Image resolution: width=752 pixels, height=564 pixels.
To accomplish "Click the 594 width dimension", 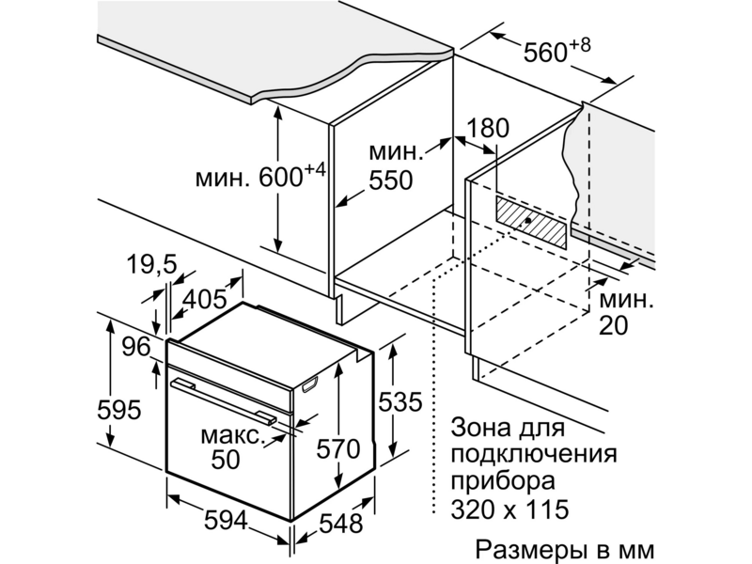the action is point(226,521).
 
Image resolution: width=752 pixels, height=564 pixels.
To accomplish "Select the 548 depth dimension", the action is point(340,524).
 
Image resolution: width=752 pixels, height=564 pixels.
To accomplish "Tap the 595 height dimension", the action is point(119,410).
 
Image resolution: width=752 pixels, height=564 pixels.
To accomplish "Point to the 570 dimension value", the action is point(338,449).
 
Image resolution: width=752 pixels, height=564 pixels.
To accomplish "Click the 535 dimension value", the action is point(400,402).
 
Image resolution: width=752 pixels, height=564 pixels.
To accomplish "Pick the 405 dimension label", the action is point(205,299).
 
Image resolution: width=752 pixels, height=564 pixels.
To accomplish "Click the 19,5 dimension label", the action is point(152,265).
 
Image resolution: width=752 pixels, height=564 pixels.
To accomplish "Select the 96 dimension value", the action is point(136,346).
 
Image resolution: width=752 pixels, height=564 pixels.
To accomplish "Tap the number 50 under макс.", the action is point(226,460).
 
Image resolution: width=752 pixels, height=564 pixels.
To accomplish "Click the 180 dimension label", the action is point(488,128).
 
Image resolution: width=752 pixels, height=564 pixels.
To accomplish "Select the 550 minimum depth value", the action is point(390,180).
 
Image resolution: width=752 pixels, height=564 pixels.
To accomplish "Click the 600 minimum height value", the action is point(280,178).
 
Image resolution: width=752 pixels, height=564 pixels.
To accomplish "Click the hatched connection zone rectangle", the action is point(530,223).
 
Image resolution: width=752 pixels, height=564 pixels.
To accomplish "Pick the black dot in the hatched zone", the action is point(527,220).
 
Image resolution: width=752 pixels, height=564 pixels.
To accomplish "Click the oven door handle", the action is point(224,399).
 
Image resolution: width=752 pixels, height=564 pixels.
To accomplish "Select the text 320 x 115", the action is point(509,509).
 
